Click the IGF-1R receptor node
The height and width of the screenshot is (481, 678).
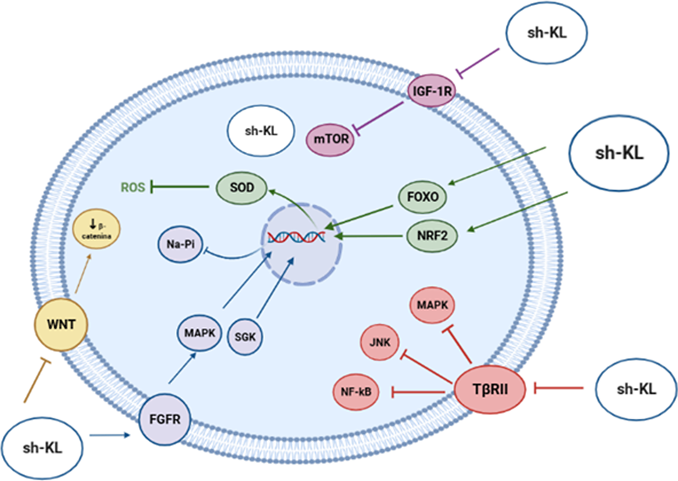(432, 91)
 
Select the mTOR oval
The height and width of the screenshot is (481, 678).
(331, 139)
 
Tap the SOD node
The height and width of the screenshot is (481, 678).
(242, 188)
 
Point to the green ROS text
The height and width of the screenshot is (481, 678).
(133, 188)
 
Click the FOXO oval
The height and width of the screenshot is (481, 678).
(422, 197)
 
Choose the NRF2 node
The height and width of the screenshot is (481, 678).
(432, 236)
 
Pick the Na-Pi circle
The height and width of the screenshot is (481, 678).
(180, 244)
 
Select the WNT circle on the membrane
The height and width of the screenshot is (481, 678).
(61, 324)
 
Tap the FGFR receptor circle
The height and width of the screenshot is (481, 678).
(165, 419)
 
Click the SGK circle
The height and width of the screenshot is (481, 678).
(245, 337)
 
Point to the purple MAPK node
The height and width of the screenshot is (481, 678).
(199, 333)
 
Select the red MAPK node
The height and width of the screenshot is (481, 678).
(432, 305)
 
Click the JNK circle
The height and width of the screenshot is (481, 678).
(379, 342)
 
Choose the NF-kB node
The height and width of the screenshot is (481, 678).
(356, 391)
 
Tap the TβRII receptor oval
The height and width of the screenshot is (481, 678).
(490, 389)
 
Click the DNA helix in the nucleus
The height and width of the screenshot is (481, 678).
(296, 237)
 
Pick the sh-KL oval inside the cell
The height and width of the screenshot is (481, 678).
(261, 131)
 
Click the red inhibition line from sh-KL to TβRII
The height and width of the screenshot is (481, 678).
(560, 388)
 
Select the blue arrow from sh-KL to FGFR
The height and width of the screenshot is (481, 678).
(109, 435)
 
